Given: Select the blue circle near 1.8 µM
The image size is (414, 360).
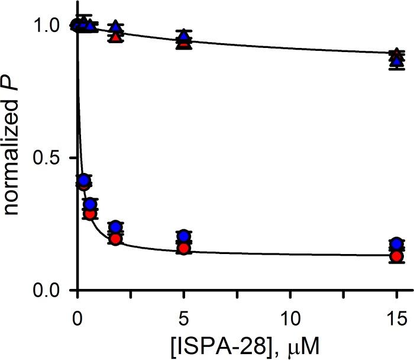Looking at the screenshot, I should pos(116,227).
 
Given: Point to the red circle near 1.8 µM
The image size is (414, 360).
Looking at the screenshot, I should pos(116,239).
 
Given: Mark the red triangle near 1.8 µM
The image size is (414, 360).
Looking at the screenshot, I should pos(116,36).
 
